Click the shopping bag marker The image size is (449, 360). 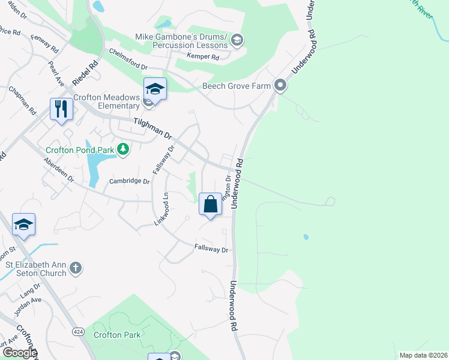click(211, 204)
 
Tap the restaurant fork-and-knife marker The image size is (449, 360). click(61, 109)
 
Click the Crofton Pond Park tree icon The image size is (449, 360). click(123, 148)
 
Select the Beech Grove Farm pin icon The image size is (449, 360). click(280, 86)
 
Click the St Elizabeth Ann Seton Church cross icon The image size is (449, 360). click(75, 267)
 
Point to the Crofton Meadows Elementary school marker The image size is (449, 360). click(155, 90)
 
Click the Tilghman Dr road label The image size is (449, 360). click(152, 128)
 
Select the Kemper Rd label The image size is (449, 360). click(202, 57)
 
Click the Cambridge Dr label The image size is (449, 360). click(129, 181)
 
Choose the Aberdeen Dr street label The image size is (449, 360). click(59, 170)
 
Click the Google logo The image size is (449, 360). click(19, 353)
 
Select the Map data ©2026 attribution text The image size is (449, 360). click(423, 355)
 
